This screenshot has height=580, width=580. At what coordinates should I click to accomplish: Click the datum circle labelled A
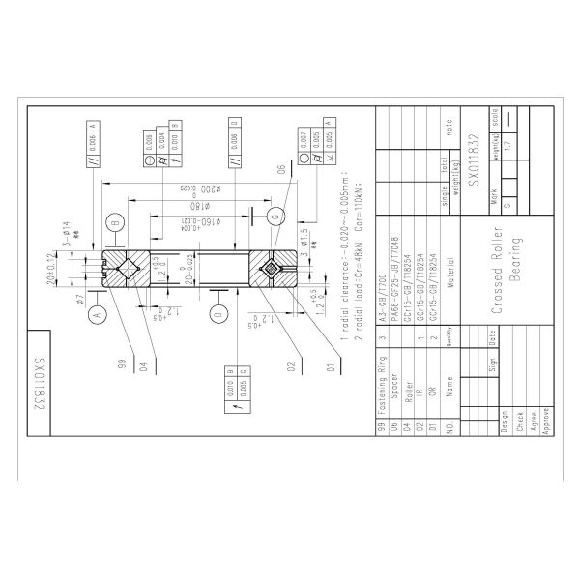tap(96, 315)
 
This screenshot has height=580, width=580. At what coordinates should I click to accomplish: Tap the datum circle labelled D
tap(217, 315)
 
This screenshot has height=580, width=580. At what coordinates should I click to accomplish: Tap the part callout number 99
tap(121, 362)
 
